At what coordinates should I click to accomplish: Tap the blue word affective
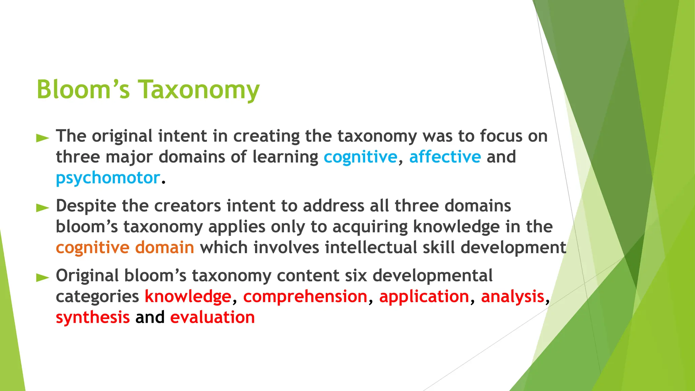(445, 157)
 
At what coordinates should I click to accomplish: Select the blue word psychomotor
(108, 178)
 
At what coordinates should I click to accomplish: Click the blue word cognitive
(360, 157)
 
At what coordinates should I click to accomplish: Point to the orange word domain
(165, 247)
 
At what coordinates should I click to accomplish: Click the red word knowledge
(188, 296)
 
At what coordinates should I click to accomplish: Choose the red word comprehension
(305, 296)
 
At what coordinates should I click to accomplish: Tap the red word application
(424, 296)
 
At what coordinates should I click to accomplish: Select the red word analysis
(512, 296)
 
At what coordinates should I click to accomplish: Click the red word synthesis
(93, 317)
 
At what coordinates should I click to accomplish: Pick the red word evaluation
(212, 317)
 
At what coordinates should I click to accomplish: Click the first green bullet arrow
(43, 138)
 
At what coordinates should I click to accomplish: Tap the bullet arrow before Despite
(43, 207)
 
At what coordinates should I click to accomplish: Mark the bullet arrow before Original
(43, 277)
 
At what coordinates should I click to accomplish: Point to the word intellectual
(371, 247)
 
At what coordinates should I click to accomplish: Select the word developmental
(432, 275)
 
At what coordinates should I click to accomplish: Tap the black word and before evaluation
(150, 317)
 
